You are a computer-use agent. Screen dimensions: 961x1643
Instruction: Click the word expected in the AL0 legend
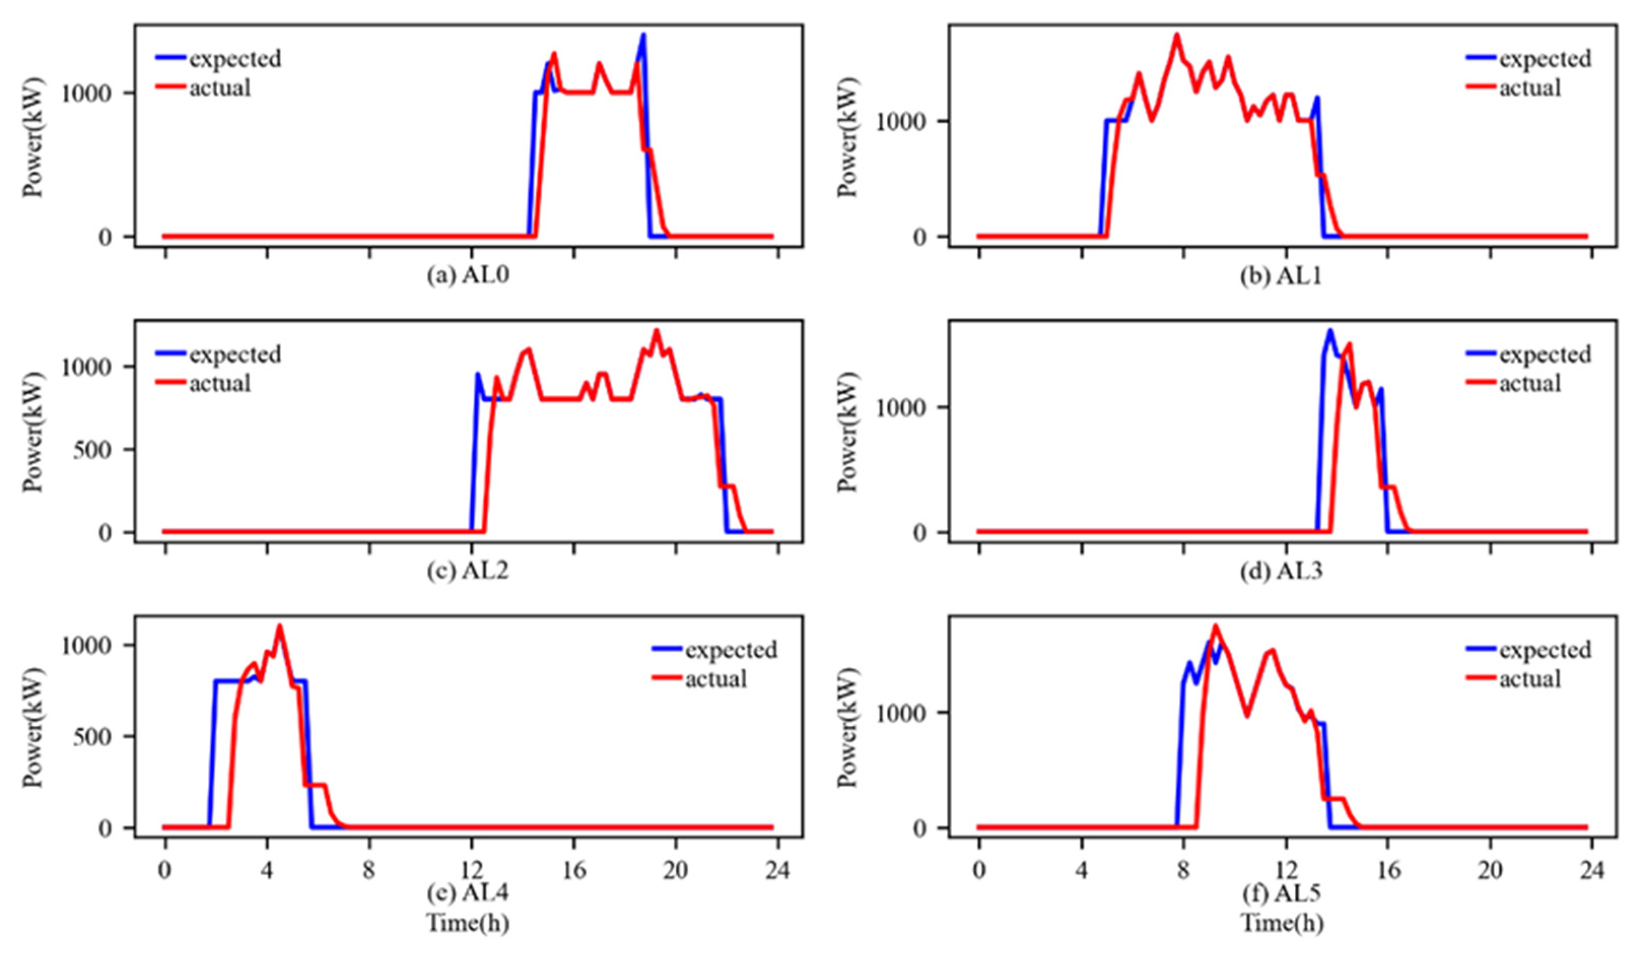(x=235, y=59)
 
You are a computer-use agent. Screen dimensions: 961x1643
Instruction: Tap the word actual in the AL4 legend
(x=716, y=679)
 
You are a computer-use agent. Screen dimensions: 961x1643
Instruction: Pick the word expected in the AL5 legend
(x=1545, y=650)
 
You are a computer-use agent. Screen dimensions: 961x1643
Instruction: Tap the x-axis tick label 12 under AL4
(x=471, y=870)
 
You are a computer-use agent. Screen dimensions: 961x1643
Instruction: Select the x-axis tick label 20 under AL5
(x=1490, y=870)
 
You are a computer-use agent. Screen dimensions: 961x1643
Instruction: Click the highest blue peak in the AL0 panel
(x=643, y=35)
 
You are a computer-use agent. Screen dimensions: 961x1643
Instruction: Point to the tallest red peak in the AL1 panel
(x=1177, y=35)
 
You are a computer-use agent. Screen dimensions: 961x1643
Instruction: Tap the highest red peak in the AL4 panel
(x=280, y=627)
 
